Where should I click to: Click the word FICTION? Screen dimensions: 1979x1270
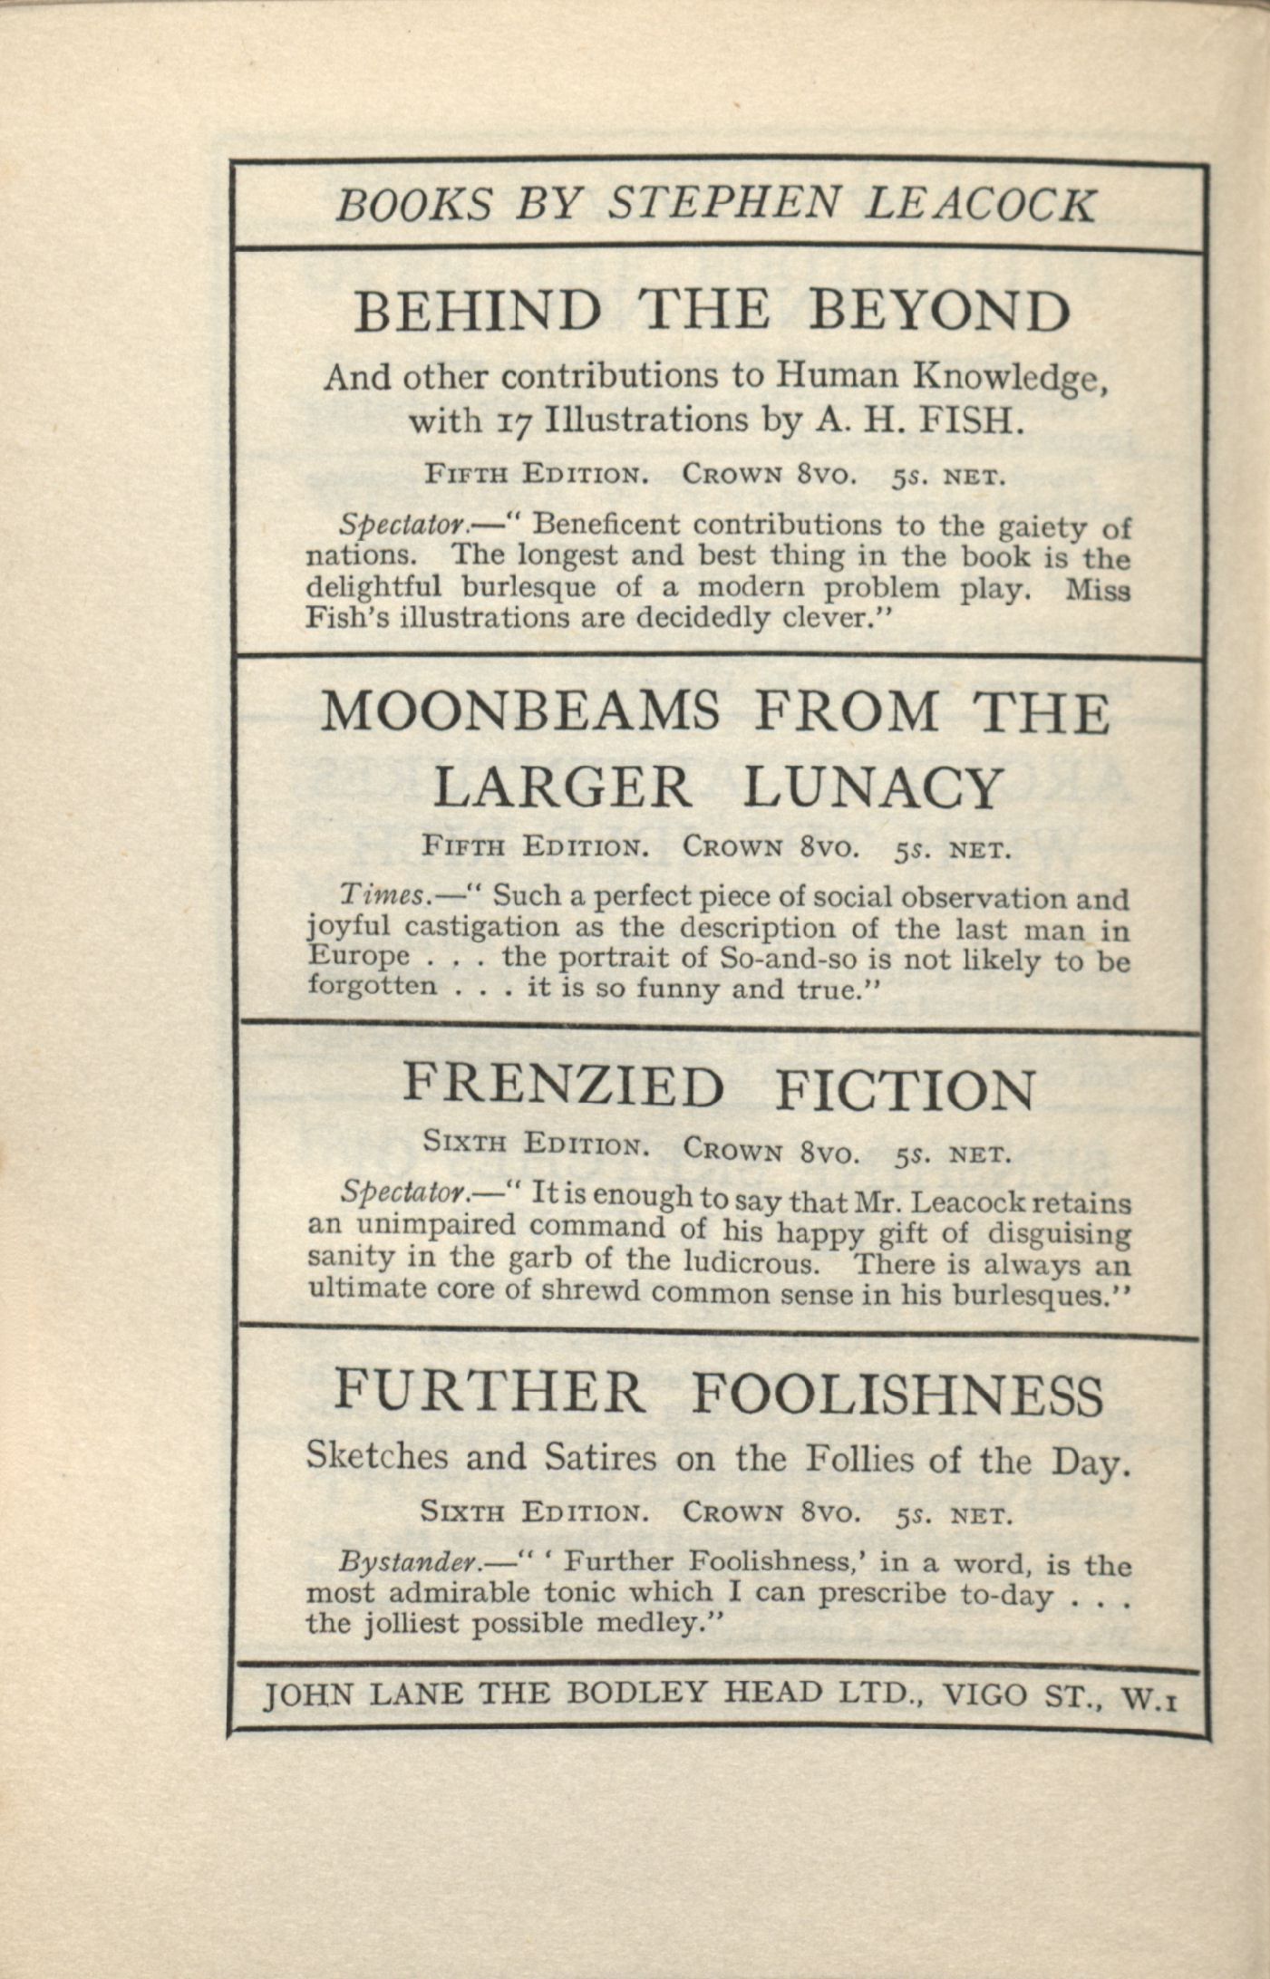pyautogui.click(x=905, y=1090)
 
